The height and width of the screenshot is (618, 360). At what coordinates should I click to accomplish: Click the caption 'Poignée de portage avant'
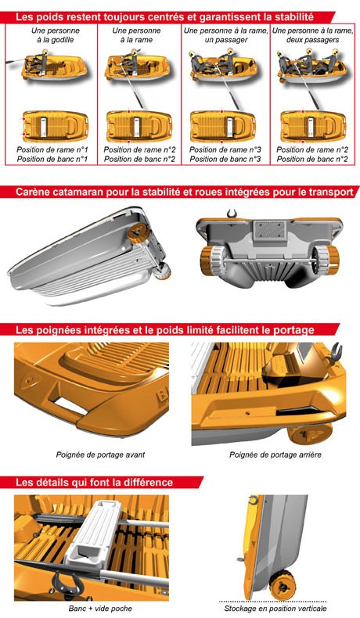tap(100, 455)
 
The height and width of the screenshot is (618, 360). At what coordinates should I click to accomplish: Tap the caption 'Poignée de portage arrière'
tap(275, 455)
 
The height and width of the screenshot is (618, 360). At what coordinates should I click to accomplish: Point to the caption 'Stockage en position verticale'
tap(275, 608)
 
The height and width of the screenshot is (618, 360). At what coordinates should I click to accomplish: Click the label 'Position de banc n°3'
tap(225, 160)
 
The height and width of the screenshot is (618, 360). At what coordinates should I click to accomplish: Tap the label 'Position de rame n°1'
tap(52, 149)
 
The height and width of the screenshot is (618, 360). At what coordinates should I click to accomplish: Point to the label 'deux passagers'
tap(313, 40)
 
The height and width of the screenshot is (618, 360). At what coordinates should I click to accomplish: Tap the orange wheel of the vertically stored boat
tap(282, 585)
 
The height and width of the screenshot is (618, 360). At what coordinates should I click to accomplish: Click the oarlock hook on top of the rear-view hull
tap(232, 214)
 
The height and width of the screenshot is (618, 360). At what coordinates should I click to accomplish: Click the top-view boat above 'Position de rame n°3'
tap(223, 127)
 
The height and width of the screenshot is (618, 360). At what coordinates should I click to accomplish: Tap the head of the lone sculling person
tap(45, 51)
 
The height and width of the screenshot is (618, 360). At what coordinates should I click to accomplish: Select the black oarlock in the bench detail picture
tap(65, 582)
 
